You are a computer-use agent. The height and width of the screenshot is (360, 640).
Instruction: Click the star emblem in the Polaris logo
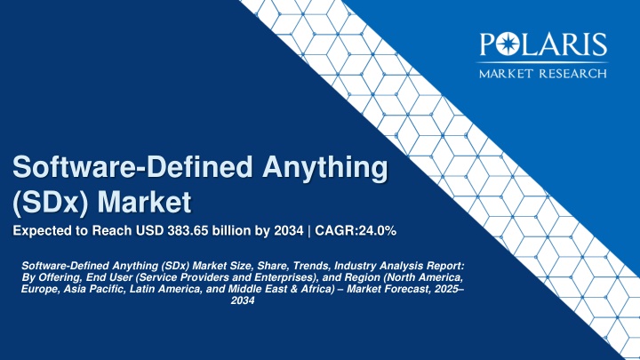(x=508, y=44)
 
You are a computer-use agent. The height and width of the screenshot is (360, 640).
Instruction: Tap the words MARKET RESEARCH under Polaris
(x=543, y=74)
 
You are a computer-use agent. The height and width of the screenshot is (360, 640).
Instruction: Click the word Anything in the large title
(x=325, y=168)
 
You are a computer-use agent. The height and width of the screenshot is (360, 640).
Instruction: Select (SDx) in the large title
(x=51, y=203)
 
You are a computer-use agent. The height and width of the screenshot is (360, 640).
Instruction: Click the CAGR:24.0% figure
(x=356, y=230)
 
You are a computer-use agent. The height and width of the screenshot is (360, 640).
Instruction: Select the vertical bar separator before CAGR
(x=309, y=231)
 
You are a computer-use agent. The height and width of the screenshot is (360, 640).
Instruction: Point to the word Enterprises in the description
(x=281, y=277)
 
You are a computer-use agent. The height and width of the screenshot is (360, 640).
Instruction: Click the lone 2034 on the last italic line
(x=243, y=300)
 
